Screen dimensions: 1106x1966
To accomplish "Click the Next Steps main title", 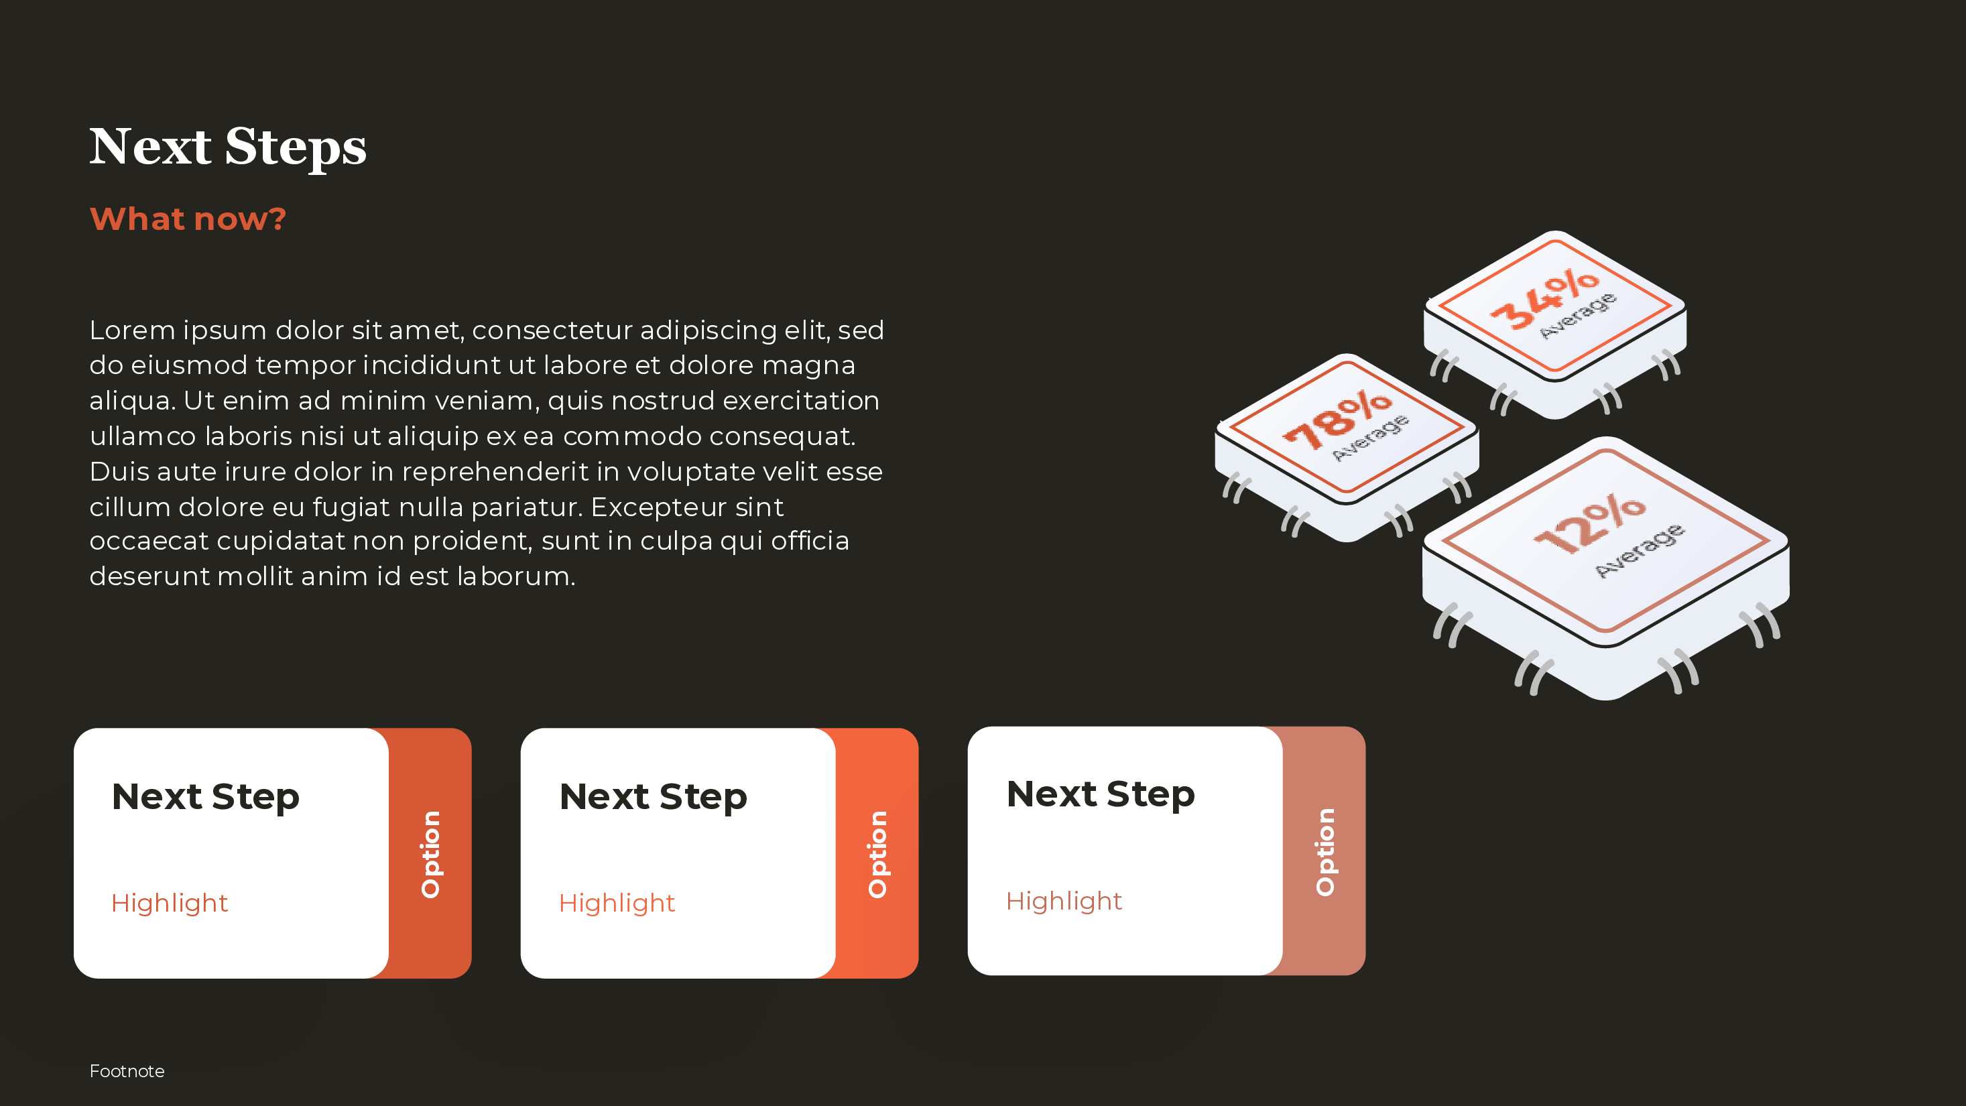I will (x=227, y=147).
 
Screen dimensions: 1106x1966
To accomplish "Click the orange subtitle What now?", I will (x=188, y=219).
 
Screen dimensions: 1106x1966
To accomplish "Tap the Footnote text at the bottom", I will (x=127, y=1071).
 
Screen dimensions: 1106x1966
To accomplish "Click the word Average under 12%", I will (x=1639, y=550).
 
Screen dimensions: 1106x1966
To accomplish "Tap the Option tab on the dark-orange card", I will (x=431, y=853).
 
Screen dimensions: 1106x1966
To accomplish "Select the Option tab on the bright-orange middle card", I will (x=877, y=853).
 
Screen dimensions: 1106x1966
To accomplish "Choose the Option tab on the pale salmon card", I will (x=1325, y=851).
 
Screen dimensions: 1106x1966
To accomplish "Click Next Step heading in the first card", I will (x=205, y=797).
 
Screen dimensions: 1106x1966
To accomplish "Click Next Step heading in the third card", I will (x=1100, y=794).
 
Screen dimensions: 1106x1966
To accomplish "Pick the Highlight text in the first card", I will (x=170, y=903).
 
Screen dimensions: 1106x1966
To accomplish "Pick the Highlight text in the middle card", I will (x=617, y=903).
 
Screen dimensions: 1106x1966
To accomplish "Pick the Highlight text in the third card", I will (x=1064, y=901).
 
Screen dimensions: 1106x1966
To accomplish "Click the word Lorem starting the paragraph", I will (x=132, y=330).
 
